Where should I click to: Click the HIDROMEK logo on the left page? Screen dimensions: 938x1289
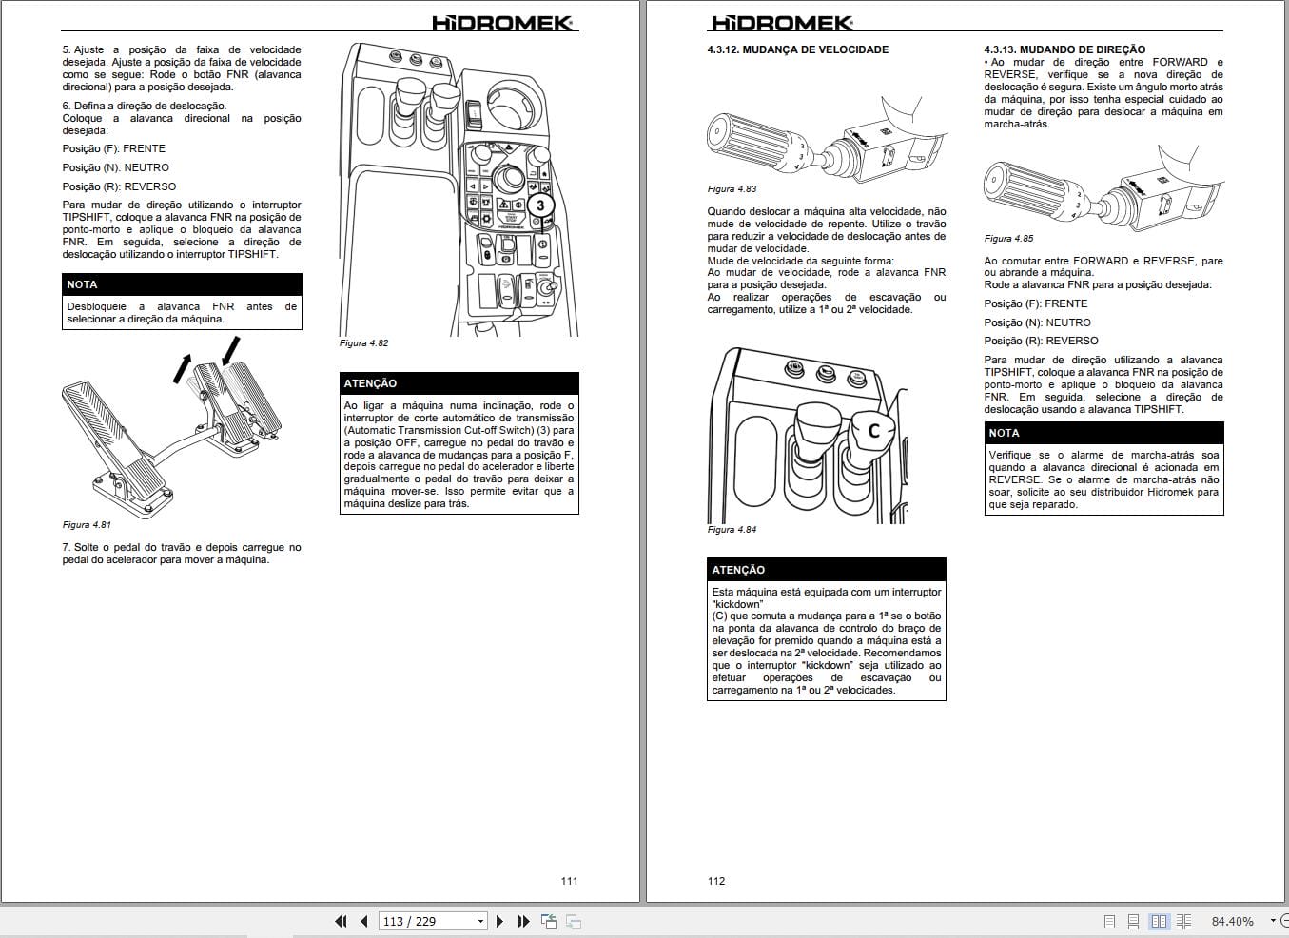tap(503, 23)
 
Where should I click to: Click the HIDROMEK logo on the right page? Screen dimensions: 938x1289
tap(781, 23)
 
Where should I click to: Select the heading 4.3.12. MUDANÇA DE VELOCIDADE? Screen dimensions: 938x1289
tap(797, 49)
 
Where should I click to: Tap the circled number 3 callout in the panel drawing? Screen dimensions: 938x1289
tap(540, 205)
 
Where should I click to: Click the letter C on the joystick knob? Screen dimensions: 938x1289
tap(874, 430)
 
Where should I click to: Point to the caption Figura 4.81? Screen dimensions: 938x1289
tap(87, 525)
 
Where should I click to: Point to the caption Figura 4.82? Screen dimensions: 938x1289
tap(363, 343)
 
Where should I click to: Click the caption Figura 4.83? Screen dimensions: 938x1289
tap(732, 189)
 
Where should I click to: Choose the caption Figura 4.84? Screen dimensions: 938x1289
tap(732, 530)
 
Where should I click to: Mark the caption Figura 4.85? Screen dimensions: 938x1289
tap(1008, 239)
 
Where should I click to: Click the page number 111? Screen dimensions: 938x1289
tap(569, 881)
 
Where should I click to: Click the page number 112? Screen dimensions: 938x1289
tap(716, 881)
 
